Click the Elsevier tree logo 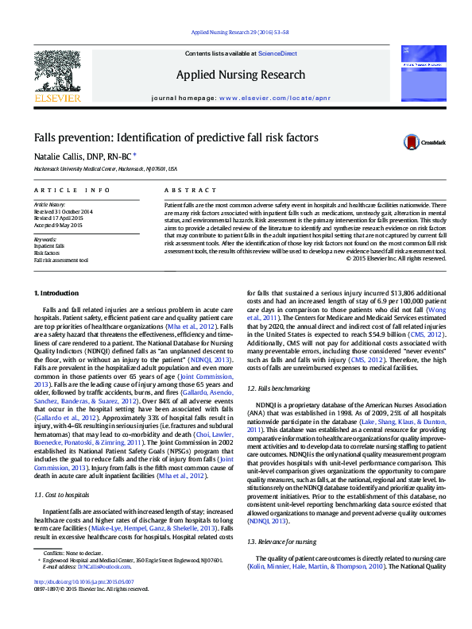click(58, 76)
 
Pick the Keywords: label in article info click(45, 239)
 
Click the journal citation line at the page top click(236, 32)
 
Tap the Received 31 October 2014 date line click(63, 212)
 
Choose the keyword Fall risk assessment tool click(60, 260)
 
